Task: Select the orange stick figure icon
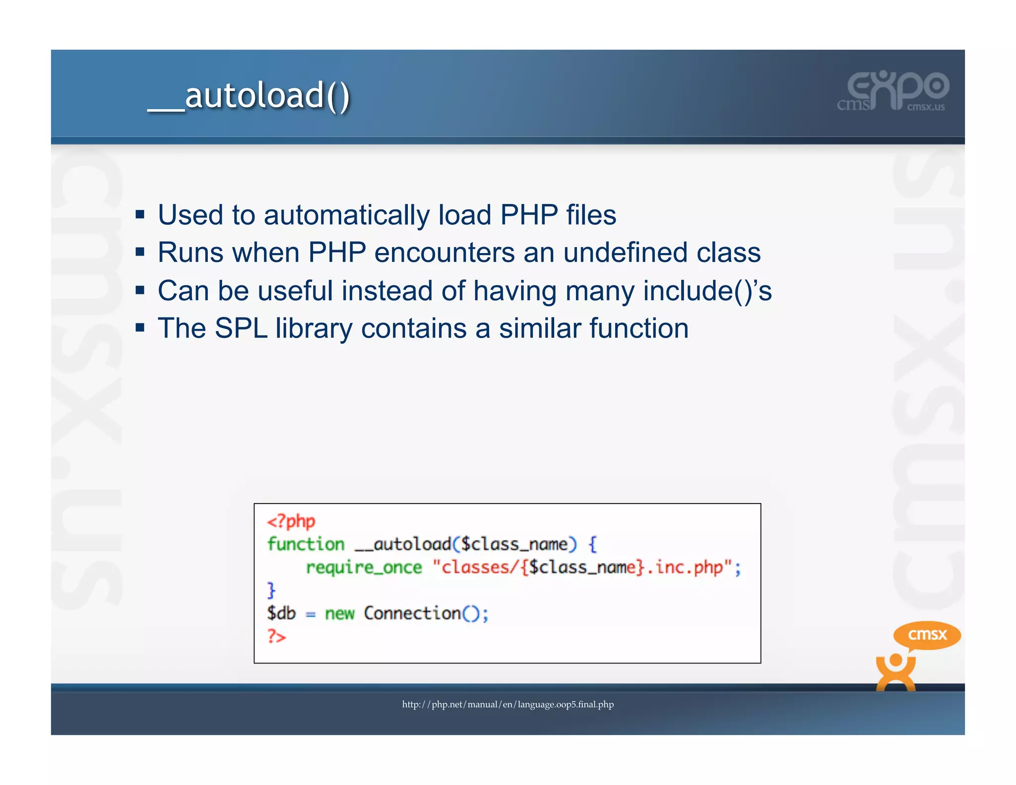pos(895,672)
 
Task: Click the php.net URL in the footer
pos(508,704)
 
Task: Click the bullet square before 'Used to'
pos(140,215)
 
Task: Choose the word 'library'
pos(314,328)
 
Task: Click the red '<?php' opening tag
pos(291,521)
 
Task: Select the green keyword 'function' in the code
pos(306,544)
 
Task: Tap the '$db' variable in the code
pos(281,613)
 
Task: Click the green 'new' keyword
pos(339,614)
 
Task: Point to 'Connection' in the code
pos(412,613)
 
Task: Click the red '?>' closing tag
pos(276,636)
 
